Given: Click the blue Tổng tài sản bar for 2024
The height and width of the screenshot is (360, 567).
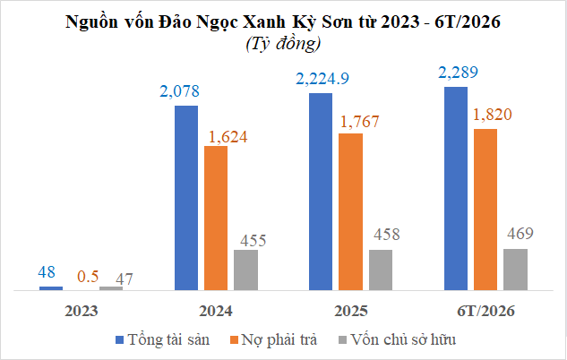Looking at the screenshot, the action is [x=186, y=198].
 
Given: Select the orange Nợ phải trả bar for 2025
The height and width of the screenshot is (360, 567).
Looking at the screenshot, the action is [x=350, y=212].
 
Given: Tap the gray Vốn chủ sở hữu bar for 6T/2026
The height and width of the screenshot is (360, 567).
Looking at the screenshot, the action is [x=515, y=270].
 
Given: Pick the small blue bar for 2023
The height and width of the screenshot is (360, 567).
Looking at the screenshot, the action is [x=51, y=288].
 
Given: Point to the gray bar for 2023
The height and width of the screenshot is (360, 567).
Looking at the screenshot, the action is [x=111, y=288].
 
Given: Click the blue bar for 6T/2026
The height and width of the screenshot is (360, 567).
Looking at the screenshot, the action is [x=456, y=189].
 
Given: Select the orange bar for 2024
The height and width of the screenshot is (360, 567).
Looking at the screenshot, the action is [x=216, y=219].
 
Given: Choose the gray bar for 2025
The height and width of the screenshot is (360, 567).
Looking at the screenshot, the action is [x=381, y=270].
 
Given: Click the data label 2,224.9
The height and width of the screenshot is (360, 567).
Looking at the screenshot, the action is [x=322, y=79].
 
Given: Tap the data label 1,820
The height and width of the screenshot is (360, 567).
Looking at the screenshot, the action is [x=492, y=115].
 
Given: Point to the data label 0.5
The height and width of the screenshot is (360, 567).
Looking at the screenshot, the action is [x=88, y=277].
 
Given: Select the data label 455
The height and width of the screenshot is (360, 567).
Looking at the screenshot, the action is [x=253, y=241].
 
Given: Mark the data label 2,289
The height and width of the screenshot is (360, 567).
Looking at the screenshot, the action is [x=458, y=73].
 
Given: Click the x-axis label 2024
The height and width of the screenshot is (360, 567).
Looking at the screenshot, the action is [x=216, y=312].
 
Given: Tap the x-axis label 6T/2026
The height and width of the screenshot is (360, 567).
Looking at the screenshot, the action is [x=485, y=312].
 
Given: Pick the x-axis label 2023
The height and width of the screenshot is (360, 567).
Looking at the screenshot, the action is [x=81, y=312].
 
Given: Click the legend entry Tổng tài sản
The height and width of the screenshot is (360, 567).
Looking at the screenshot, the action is [x=162, y=339].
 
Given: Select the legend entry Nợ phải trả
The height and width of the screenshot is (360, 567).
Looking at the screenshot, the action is [x=274, y=339].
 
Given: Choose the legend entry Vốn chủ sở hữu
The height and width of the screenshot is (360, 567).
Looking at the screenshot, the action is [x=397, y=339].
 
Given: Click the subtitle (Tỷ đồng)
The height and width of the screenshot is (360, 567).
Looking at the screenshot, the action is [x=283, y=44].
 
